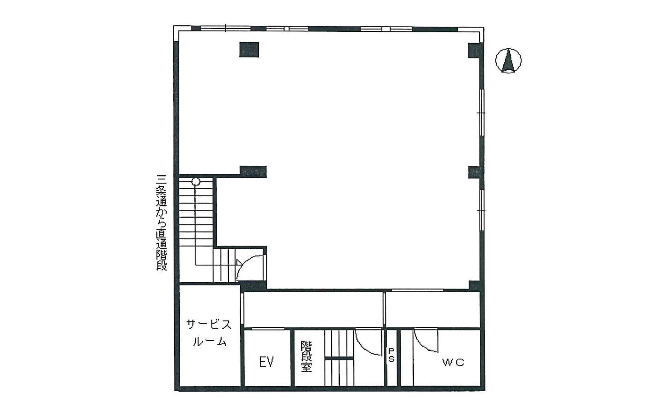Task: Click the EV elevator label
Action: [266, 362]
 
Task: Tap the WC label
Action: [453, 363]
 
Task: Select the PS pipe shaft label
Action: [391, 355]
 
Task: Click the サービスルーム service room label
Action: [209, 333]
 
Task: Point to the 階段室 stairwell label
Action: [306, 356]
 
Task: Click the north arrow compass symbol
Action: [508, 60]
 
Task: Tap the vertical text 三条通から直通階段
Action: [162, 223]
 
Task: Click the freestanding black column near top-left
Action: [249, 49]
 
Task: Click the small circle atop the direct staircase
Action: [195, 182]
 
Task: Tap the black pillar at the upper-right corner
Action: [475, 50]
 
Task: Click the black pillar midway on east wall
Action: [475, 172]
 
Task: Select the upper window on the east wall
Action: [482, 112]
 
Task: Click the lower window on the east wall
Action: [482, 210]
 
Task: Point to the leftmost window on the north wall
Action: [226, 29]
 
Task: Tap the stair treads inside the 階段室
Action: [339, 358]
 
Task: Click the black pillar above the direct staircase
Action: [253, 172]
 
